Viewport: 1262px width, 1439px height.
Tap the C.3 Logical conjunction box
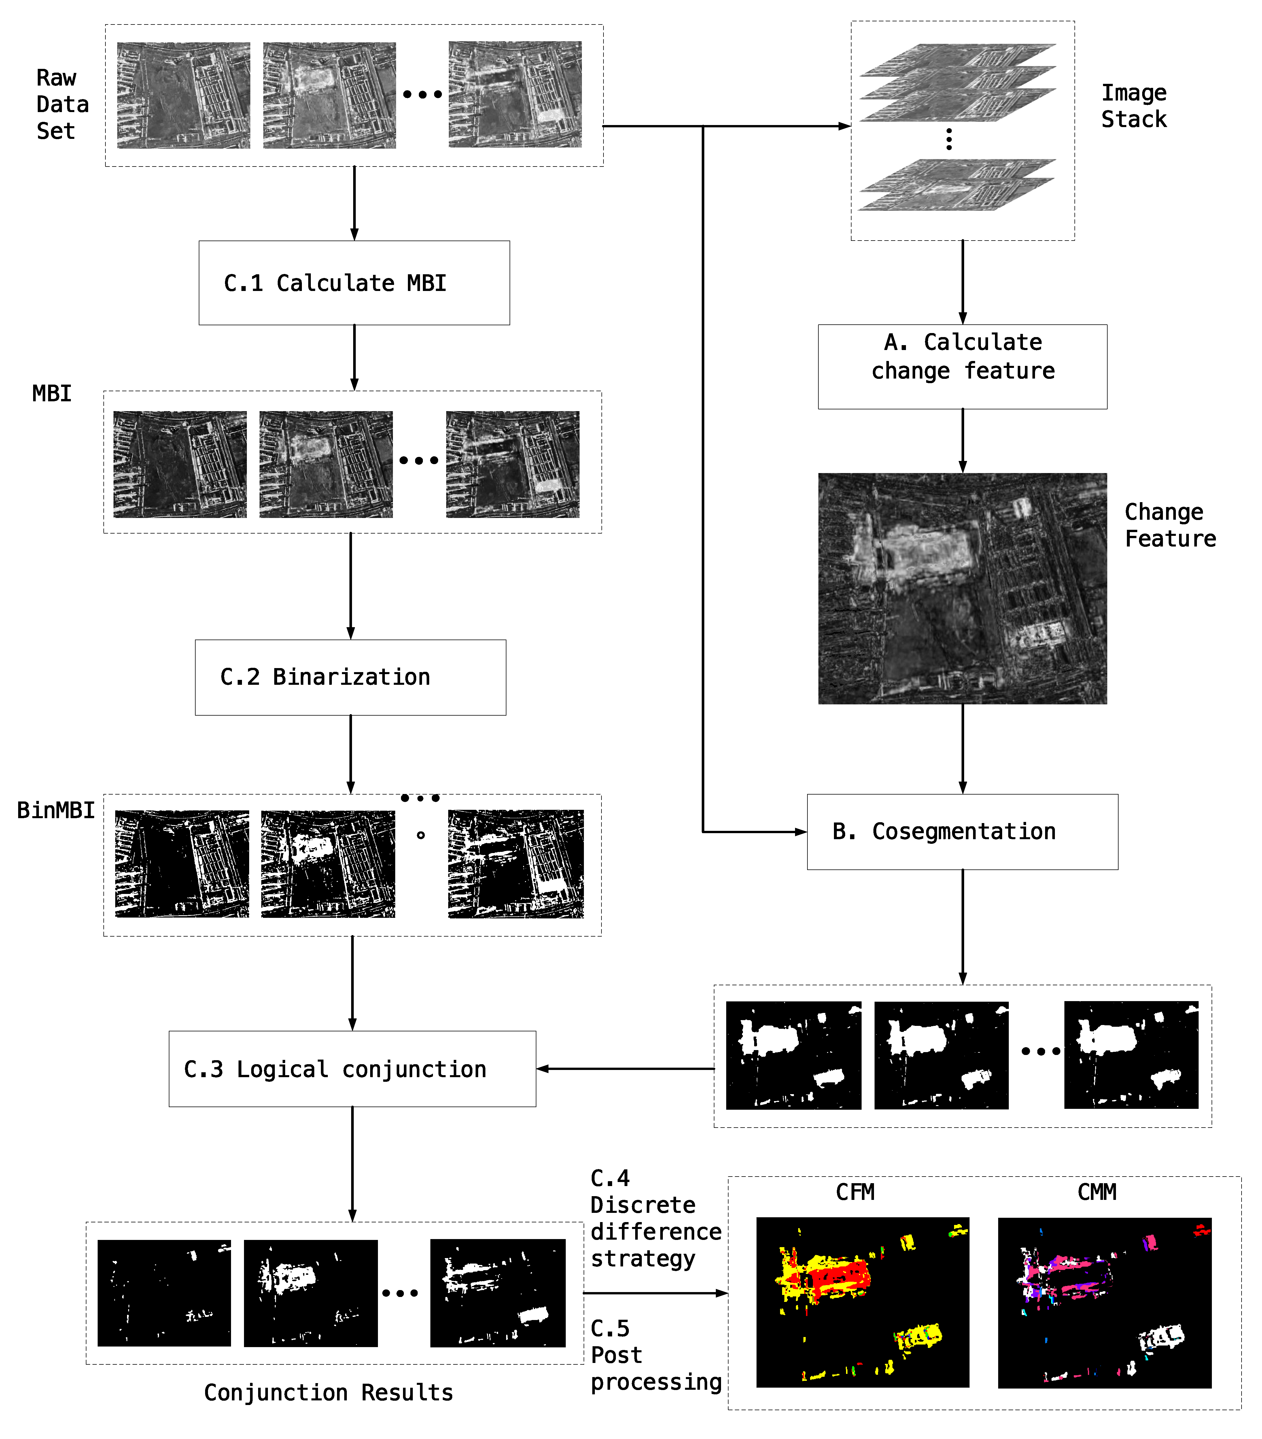click(352, 1069)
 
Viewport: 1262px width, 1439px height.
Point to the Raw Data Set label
click(62, 104)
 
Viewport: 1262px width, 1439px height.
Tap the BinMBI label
click(56, 810)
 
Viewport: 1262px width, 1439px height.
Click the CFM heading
click(854, 1192)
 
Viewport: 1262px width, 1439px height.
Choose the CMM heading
click(1097, 1192)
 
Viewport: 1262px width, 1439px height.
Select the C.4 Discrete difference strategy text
click(654, 1218)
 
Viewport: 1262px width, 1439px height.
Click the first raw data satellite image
click(183, 95)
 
